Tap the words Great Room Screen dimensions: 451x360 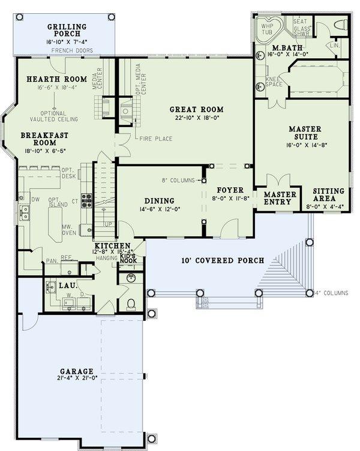pyautogui.click(x=196, y=109)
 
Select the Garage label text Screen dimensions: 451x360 pyautogui.click(x=76, y=371)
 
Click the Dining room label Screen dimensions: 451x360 pyautogui.click(x=159, y=201)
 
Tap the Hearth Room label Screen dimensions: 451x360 pyautogui.click(x=57, y=79)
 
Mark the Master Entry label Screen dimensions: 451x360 pyautogui.click(x=280, y=199)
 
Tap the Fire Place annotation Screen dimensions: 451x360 pyautogui.click(x=156, y=139)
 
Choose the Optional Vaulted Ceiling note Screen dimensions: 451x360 pyautogui.click(x=61, y=116)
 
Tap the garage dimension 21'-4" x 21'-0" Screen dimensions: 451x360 pyautogui.click(x=76, y=379)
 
